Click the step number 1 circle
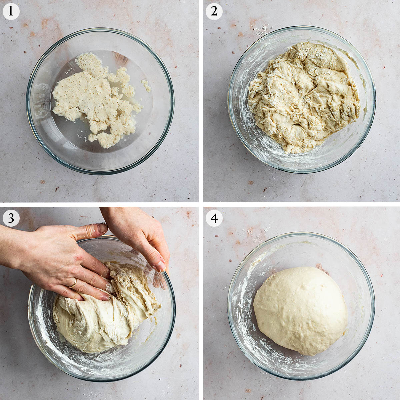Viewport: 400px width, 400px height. coord(11,11)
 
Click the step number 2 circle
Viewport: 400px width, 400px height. coord(214,11)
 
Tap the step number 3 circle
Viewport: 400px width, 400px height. coord(11,218)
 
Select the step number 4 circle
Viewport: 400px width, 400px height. coord(214,218)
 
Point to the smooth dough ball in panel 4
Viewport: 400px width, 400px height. coord(300,311)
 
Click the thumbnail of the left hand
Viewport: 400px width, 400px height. coord(102,228)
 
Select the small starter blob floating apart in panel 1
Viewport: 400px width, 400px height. coord(146,85)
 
